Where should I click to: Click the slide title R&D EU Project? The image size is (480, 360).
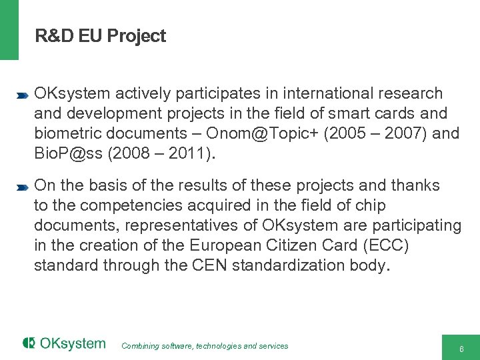100,36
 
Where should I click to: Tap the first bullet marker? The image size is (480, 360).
22,96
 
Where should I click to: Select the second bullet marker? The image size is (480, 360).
22,187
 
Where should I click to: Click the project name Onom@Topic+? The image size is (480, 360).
271,133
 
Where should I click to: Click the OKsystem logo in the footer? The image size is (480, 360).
64,344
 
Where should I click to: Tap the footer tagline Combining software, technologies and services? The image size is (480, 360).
205,346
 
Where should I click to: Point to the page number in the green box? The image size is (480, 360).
461,349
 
